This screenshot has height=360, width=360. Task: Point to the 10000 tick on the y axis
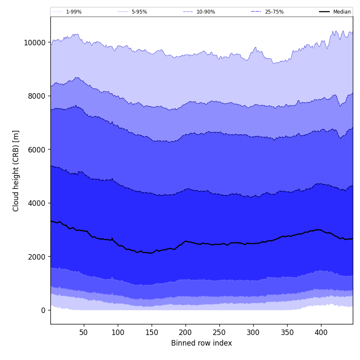click(x=34, y=42)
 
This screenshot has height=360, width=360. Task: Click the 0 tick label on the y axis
click(x=43, y=310)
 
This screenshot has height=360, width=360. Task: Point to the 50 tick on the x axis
click(x=84, y=332)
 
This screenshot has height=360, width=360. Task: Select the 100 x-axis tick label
click(x=118, y=332)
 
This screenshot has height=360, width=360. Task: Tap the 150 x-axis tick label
click(x=152, y=332)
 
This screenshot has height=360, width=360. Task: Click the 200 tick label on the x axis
click(x=186, y=332)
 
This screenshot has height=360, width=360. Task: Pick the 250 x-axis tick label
click(x=219, y=332)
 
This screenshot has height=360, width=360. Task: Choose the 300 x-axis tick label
click(x=253, y=332)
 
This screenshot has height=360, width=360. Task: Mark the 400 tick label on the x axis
click(x=321, y=332)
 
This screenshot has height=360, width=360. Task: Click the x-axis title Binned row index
click(x=202, y=343)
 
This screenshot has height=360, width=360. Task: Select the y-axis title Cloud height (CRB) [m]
click(x=17, y=171)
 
